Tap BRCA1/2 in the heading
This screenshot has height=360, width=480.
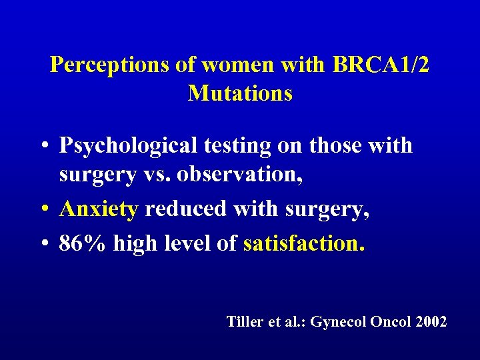(x=378, y=65)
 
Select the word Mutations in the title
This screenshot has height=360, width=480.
(x=240, y=93)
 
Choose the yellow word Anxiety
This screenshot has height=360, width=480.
(x=99, y=209)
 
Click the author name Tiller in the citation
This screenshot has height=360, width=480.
(x=245, y=322)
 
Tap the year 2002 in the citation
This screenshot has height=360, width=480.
(x=431, y=322)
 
